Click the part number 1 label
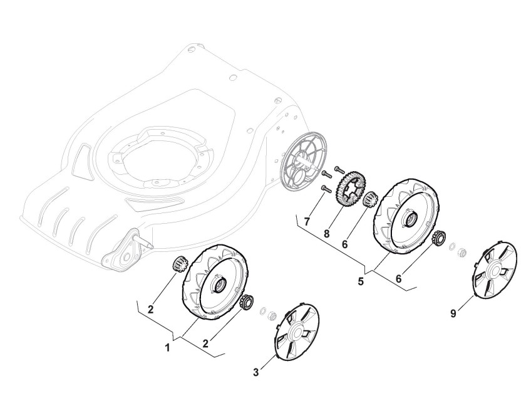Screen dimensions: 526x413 tap(168, 348)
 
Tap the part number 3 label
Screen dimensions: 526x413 tap(256, 372)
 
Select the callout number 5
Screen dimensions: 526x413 tap(361, 281)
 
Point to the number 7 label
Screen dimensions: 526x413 tap(306, 222)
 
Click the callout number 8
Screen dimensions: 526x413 tap(327, 233)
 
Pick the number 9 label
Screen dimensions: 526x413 tap(453, 313)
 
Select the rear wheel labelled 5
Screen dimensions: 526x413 tap(406, 216)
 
